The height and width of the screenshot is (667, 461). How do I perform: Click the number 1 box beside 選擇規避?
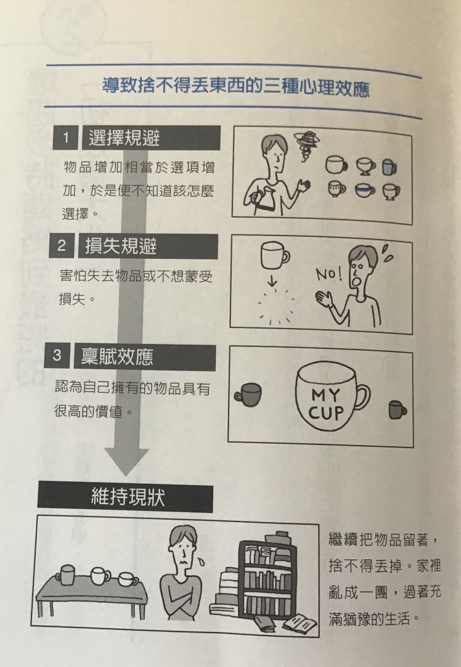(65, 137)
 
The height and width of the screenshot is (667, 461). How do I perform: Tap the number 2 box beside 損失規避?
(62, 245)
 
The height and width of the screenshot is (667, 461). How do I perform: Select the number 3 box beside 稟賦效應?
(57, 355)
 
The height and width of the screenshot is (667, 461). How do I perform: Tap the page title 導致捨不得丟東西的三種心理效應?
(235, 88)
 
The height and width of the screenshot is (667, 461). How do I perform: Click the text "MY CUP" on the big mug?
(326, 404)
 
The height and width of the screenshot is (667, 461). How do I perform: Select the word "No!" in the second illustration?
(328, 274)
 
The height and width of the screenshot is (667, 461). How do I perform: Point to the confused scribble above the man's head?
(307, 145)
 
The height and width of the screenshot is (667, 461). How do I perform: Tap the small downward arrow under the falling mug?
(272, 280)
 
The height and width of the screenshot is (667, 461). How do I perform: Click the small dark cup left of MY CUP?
(248, 395)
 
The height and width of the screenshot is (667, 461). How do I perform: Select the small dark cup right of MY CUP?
(398, 410)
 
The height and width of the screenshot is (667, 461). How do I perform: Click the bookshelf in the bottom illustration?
(267, 579)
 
